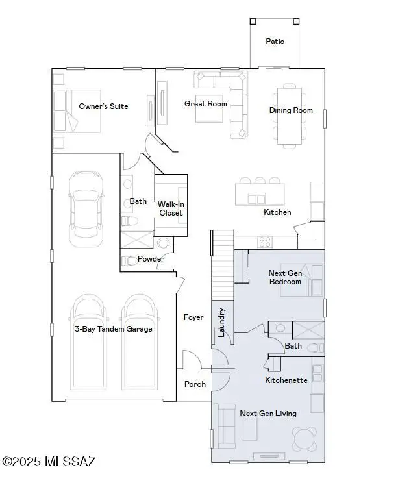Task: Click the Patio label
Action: pos(275,42)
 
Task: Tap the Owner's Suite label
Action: pos(103,106)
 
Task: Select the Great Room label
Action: pos(205,104)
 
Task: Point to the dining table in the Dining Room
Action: pos(290,116)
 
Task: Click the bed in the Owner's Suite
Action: pos(77,111)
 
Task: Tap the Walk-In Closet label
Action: pos(171,208)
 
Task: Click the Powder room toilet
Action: pos(127,261)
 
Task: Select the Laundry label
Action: pos(221,322)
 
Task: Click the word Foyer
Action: pos(193,317)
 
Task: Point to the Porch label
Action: pos(195,384)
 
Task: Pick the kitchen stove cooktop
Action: pos(265,241)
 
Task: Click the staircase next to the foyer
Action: pos(223,265)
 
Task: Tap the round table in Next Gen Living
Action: pos(305,439)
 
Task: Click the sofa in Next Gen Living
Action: pos(224,426)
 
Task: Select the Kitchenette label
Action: pos(286,380)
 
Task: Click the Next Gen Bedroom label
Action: pos(285,277)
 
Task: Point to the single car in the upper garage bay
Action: pos(86,209)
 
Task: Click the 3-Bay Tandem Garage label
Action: pos(114,329)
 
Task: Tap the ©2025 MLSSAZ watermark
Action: pos(49,461)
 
